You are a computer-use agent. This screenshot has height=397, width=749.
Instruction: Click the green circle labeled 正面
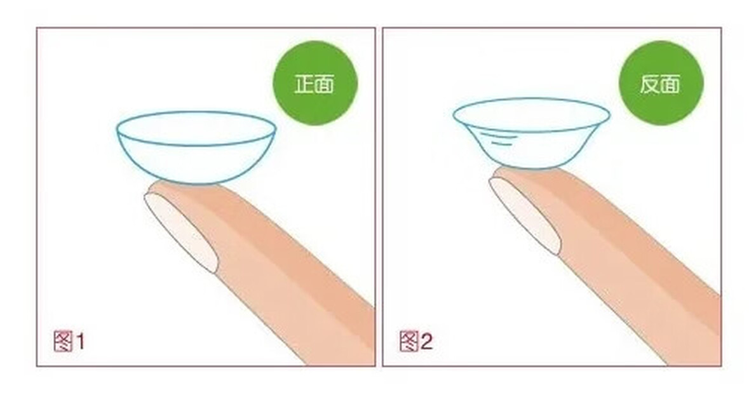315,83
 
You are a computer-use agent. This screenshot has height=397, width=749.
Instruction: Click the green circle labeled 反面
661,83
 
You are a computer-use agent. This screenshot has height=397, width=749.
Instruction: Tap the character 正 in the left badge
304,84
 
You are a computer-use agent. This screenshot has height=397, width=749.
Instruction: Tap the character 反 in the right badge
650,84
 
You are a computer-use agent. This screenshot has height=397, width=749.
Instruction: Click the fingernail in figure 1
181,232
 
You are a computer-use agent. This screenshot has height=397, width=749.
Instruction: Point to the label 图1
69,341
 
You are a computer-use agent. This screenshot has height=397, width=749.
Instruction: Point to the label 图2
416,341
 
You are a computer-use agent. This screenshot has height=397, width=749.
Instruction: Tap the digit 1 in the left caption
80,342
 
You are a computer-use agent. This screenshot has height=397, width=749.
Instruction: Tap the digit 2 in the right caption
426,342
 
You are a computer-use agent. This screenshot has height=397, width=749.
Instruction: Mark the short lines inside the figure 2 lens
498,139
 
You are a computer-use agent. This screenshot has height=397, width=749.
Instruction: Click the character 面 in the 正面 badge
325,84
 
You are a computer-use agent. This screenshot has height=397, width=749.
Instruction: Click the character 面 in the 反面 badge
670,84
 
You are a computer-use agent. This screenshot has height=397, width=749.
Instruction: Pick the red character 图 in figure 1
63,341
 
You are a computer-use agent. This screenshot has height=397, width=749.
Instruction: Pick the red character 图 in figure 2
409,341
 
